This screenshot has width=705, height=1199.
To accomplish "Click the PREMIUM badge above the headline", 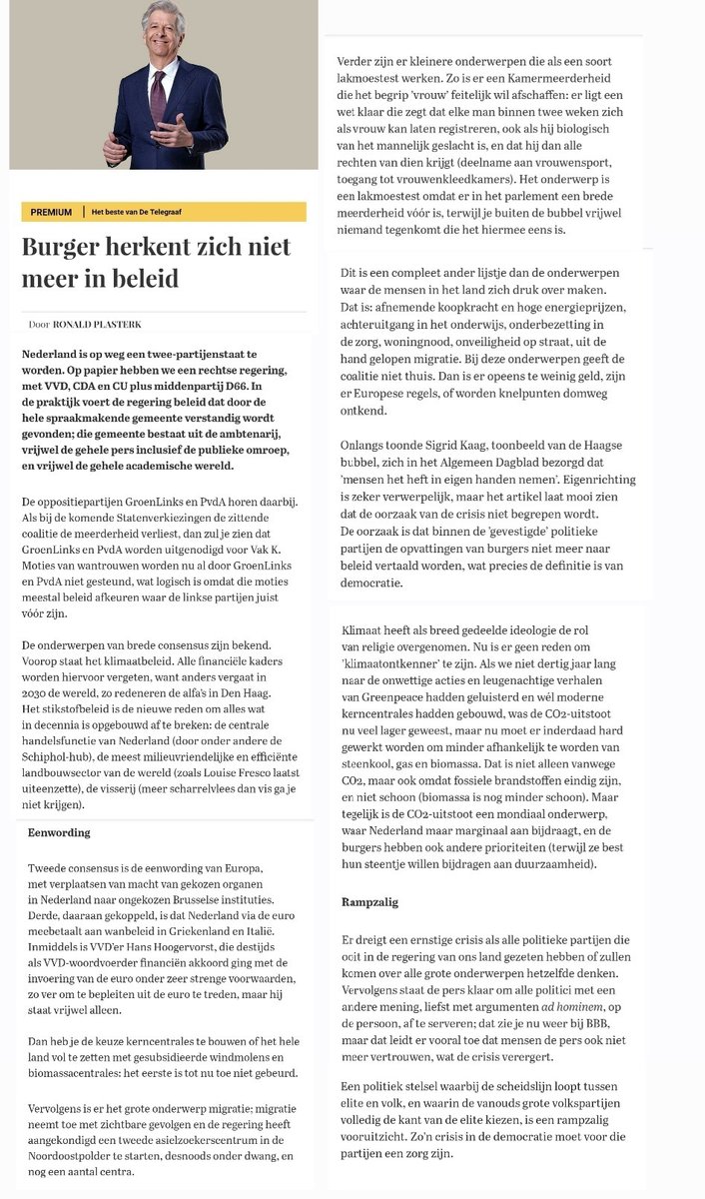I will [x=51, y=213].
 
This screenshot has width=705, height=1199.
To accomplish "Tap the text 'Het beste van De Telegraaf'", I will [x=138, y=213].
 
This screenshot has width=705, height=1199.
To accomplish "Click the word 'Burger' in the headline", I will [x=69, y=247].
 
